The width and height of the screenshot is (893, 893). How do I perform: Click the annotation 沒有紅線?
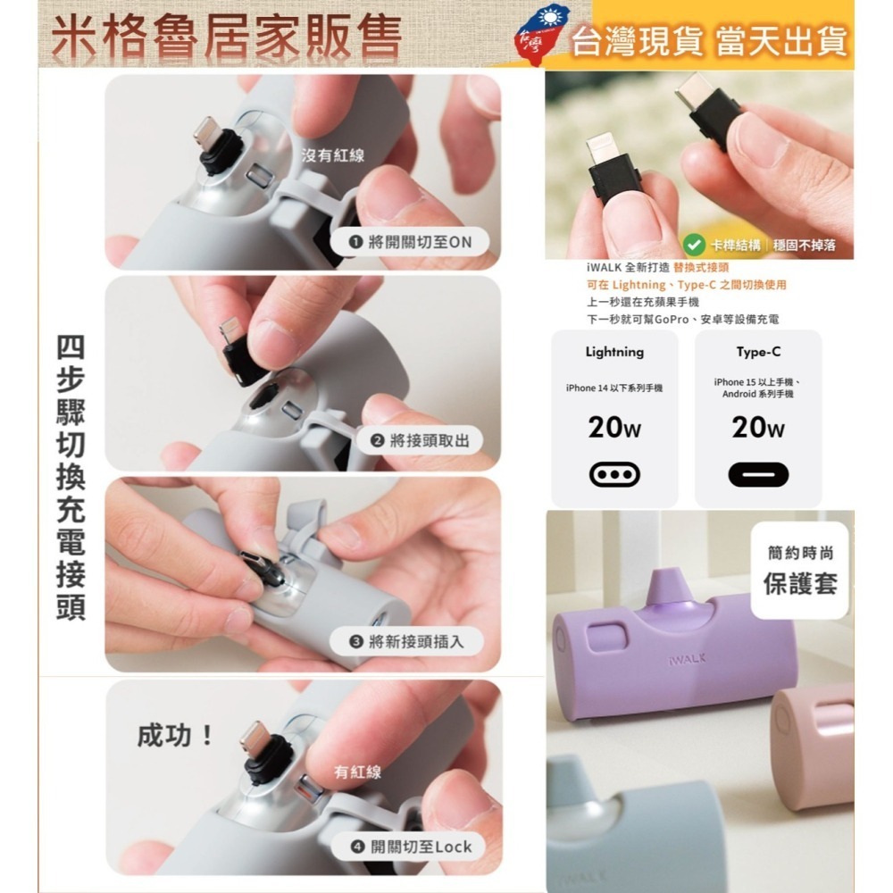pyautogui.click(x=333, y=156)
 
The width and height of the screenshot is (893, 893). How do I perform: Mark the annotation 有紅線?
pyautogui.click(x=357, y=772)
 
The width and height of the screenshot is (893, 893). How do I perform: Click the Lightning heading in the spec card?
pyautogui.click(x=614, y=352)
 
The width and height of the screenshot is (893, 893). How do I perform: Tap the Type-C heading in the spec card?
pyautogui.click(x=758, y=352)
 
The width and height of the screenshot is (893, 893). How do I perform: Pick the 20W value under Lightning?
pyautogui.click(x=614, y=430)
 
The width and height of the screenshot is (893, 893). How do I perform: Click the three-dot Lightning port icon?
pyautogui.click(x=614, y=474)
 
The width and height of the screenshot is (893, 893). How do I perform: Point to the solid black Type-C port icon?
pyautogui.click(x=758, y=474)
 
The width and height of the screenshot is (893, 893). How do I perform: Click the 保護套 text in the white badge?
pyautogui.click(x=799, y=584)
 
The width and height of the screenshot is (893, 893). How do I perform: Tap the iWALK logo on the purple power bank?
pyautogui.click(x=686, y=659)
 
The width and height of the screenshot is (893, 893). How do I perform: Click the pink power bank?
pyautogui.click(x=814, y=741)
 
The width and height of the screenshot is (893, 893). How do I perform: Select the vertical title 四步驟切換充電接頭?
pyautogui.click(x=71, y=478)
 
